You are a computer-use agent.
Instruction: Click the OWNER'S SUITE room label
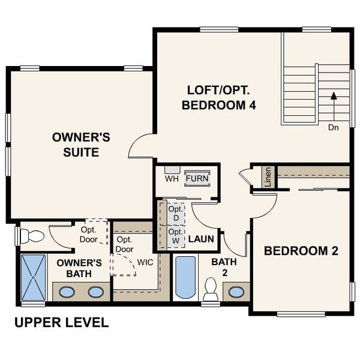(x=81, y=145)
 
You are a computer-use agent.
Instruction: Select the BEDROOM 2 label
(x=301, y=251)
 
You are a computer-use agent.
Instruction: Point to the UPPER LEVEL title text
(x=61, y=323)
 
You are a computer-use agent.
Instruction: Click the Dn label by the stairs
(x=334, y=127)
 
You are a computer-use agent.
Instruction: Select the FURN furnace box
(x=197, y=178)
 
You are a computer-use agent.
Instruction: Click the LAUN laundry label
(x=201, y=239)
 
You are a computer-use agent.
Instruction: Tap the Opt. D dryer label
(x=175, y=212)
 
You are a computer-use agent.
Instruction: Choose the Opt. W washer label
(x=175, y=236)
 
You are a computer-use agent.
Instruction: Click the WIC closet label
(x=146, y=263)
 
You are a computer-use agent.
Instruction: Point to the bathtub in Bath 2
(x=186, y=277)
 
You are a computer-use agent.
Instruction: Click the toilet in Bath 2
(x=211, y=289)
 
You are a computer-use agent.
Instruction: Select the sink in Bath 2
(x=236, y=292)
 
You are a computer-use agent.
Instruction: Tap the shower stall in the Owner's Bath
(x=33, y=277)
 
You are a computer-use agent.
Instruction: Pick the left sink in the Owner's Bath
(x=67, y=292)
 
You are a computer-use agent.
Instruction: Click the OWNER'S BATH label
(x=79, y=268)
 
